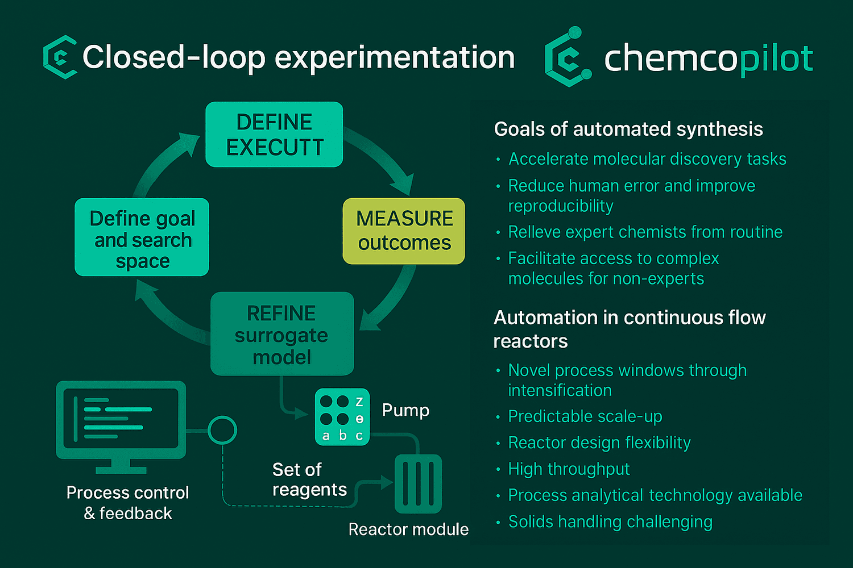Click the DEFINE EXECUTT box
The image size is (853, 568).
point(274,134)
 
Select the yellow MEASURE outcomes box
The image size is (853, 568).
point(404,231)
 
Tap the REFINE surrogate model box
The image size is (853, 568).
point(282,333)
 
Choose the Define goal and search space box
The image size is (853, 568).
point(142,237)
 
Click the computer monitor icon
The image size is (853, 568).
point(121,427)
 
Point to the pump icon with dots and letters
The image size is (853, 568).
point(342,416)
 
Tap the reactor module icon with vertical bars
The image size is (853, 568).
point(418,483)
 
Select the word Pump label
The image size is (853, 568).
point(405,411)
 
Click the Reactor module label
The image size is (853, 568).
point(408,529)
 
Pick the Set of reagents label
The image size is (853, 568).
point(309,479)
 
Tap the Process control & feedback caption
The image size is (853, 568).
point(127,503)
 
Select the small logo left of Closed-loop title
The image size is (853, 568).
point(60,57)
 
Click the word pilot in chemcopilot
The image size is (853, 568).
point(776,59)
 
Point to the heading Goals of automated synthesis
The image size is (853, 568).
point(628,129)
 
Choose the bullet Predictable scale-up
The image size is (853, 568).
point(585,416)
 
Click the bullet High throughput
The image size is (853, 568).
point(569,469)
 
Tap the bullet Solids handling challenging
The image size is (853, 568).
point(610,521)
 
